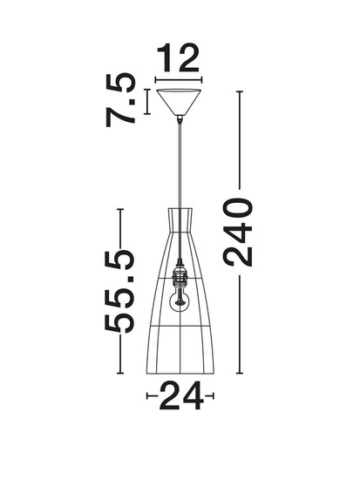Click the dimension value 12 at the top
tap(178, 58)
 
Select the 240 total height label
tap(237, 233)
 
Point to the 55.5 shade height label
tap(119, 291)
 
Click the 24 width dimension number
tap(181, 395)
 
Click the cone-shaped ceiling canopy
tap(179, 102)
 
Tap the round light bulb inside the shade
tap(180, 300)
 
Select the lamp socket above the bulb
tap(180, 274)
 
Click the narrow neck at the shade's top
tap(180, 220)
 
